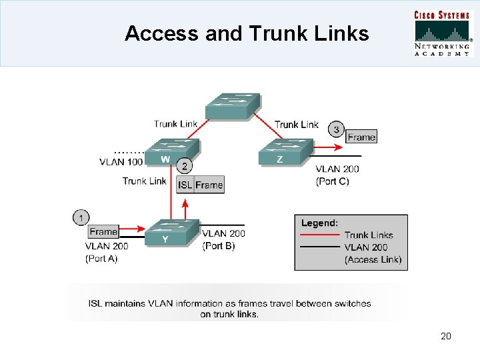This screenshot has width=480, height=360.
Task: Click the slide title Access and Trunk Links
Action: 247,33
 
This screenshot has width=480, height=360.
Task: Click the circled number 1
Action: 81,217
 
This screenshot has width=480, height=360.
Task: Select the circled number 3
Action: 337,129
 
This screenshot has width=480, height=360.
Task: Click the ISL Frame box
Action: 200,185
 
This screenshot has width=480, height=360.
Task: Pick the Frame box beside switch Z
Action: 361,137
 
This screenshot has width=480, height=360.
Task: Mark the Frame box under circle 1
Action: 103,232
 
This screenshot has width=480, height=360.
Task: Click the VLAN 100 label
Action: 121,162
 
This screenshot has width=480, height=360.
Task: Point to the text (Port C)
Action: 333,181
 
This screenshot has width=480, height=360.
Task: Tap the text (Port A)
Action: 101,259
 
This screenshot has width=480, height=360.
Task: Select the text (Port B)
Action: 219,246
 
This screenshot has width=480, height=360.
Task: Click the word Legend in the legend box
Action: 319,223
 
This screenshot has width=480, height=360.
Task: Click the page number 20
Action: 446,336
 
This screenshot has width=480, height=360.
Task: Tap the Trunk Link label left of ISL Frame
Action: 144,181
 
